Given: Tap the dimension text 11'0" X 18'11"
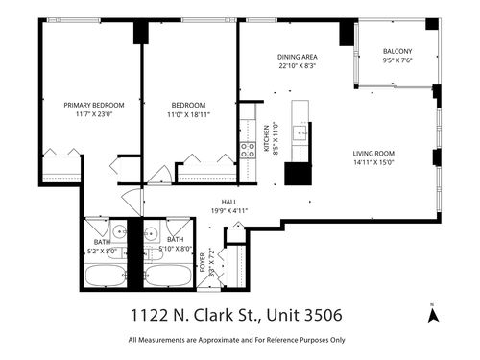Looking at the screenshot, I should (x=189, y=114).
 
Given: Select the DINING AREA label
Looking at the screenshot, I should (x=297, y=57).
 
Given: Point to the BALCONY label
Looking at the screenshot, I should (x=396, y=51).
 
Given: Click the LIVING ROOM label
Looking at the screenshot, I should (x=375, y=154).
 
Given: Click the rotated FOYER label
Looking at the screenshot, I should (x=203, y=259).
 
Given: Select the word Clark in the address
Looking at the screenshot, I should (x=206, y=314).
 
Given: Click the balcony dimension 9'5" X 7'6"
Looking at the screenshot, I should (x=396, y=60).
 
